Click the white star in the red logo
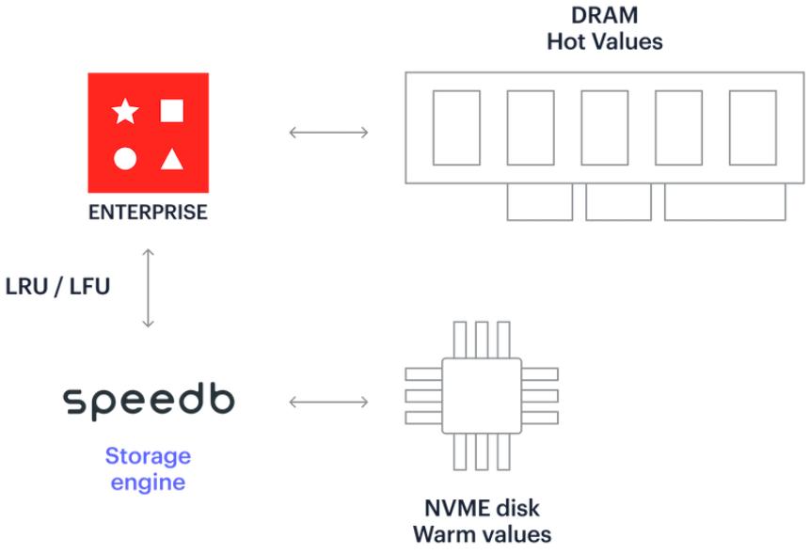click(125, 111)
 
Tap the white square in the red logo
click(171, 110)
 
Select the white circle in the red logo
click(125, 158)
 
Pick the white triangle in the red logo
click(172, 159)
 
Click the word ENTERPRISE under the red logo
click(148, 213)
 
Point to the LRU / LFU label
click(58, 286)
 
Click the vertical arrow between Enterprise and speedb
click(149, 288)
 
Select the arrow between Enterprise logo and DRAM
click(328, 133)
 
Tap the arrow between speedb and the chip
click(328, 402)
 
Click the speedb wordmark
click(149, 402)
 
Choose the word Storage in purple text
click(148, 456)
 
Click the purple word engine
click(148, 483)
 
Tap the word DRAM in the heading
click(604, 15)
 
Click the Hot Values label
click(604, 41)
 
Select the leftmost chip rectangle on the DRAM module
click(456, 128)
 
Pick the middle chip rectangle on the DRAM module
click(605, 128)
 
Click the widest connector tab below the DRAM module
click(725, 202)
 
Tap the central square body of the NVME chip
click(482, 396)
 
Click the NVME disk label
click(482, 508)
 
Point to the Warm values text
click(482, 534)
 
